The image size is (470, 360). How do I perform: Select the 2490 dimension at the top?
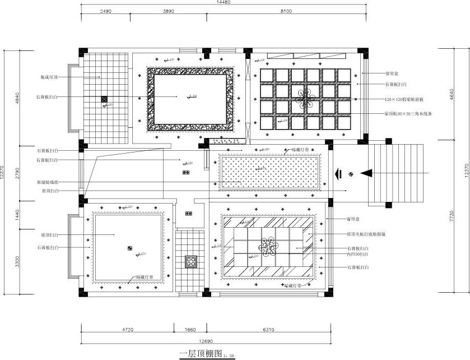(x=105, y=11)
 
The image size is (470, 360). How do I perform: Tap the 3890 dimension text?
(x=171, y=11)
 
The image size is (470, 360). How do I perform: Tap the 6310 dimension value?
(x=268, y=330)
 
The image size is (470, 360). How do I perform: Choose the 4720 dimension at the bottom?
(x=128, y=330)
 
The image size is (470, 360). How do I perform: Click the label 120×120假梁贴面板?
(x=404, y=99)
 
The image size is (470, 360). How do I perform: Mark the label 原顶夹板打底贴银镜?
(x=366, y=234)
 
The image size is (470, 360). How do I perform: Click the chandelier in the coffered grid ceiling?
(x=305, y=99)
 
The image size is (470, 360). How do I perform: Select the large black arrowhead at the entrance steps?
(x=366, y=173)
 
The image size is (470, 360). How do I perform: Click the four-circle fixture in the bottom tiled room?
(x=191, y=261)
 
